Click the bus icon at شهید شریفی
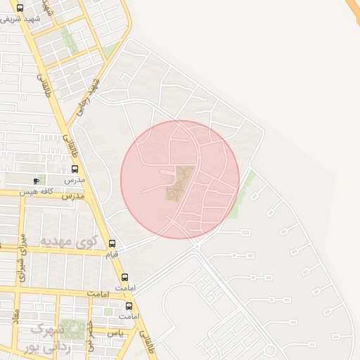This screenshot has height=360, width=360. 19,8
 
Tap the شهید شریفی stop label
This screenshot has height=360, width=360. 20,19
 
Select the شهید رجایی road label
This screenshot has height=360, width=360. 89,94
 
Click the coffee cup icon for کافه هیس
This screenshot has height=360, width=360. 36,181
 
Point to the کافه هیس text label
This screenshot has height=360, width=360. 56,181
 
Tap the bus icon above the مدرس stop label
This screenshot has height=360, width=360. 75,169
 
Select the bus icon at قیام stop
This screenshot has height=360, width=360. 112,243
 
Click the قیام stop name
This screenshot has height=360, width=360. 112,254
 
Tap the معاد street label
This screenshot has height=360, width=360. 15,314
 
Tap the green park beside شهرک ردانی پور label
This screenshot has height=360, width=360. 73,328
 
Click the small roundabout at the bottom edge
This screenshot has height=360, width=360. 269,350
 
